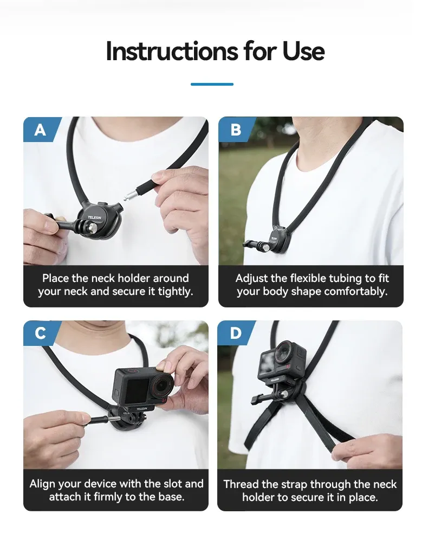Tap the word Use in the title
303,52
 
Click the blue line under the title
212,84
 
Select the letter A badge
40,130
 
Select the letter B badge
236,130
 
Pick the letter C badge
40,333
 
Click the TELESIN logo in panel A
94,218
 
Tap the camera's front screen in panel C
137,391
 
